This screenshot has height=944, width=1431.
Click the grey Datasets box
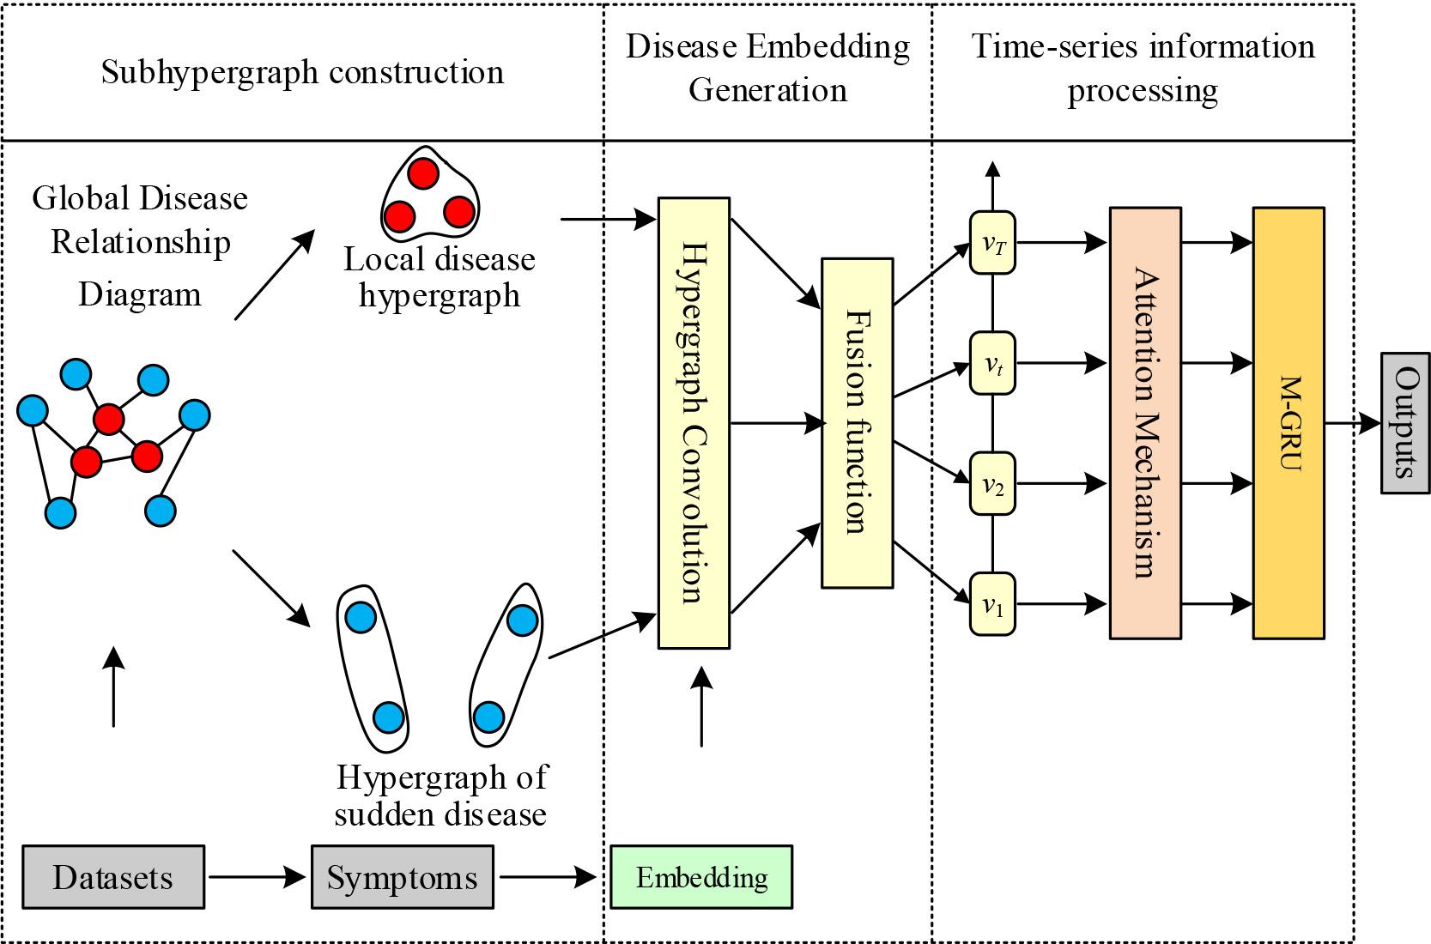[x=112, y=877]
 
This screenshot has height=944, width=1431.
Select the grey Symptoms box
[x=402, y=877]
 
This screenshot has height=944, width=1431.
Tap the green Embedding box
[x=701, y=877]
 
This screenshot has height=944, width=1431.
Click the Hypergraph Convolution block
[x=694, y=423]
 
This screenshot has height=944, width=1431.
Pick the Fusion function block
[x=857, y=423]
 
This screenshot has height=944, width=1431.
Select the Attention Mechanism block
[x=1145, y=423]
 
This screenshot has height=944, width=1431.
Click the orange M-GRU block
[x=1288, y=423]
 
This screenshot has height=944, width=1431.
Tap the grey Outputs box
[x=1405, y=423]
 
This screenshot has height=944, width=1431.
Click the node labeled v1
[x=992, y=605]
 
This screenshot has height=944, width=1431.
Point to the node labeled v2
[x=992, y=484]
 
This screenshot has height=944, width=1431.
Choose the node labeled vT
[x=992, y=243]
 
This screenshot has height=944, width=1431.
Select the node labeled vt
[x=992, y=363]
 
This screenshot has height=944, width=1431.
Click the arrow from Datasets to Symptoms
[x=257, y=877]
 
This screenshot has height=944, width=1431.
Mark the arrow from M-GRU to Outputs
[x=1352, y=423]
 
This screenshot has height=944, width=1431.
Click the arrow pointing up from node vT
[x=992, y=185]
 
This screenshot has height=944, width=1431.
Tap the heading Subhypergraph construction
[x=302, y=72]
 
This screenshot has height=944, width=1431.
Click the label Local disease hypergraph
[x=440, y=276]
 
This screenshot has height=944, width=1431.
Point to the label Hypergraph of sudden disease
[x=440, y=796]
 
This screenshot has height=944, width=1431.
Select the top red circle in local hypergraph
[x=421, y=173]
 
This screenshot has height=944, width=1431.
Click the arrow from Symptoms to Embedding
[x=547, y=877]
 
